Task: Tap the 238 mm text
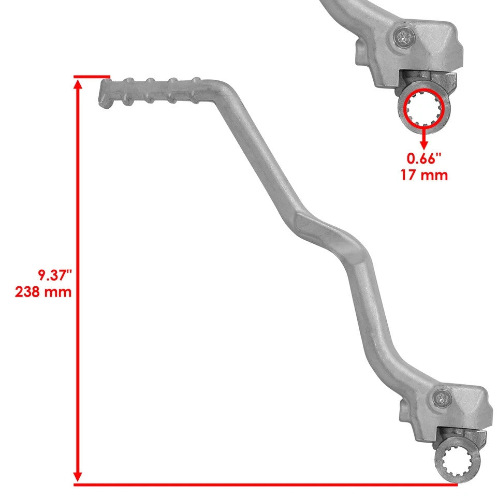[43, 292]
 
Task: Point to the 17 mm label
[424, 175]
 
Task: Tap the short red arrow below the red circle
[424, 138]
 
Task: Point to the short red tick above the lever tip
[92, 77]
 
